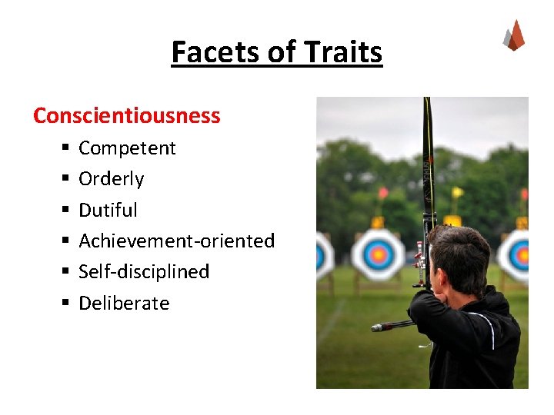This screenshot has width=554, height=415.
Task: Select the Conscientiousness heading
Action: tap(127, 116)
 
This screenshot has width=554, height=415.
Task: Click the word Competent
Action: tap(127, 148)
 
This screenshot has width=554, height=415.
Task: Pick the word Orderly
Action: tap(112, 179)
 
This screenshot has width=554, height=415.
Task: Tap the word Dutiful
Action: tap(108, 210)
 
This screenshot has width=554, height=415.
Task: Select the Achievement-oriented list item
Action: tap(176, 241)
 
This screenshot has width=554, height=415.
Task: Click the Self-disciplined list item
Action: tap(144, 271)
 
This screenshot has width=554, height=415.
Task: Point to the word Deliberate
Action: tap(124, 303)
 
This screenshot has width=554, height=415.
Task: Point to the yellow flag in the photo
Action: tap(457, 192)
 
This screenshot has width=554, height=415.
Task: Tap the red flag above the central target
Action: tap(383, 193)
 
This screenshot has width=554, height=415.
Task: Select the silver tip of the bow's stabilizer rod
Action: tap(377, 327)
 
